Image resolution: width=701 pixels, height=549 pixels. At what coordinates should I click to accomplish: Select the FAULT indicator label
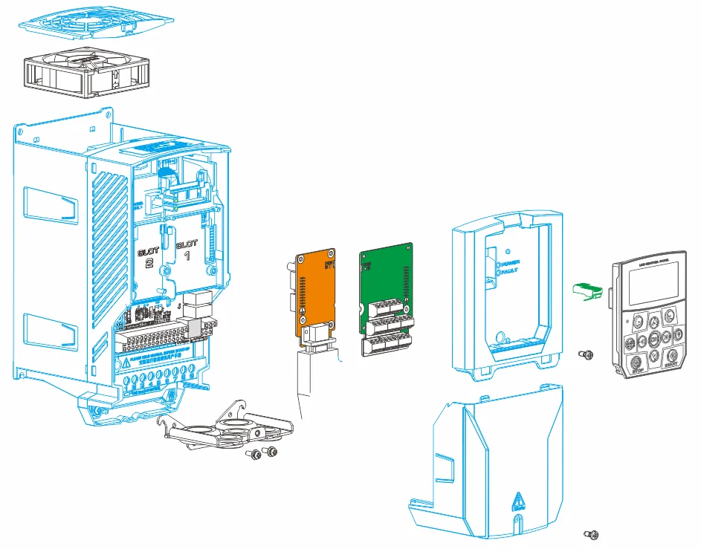511,273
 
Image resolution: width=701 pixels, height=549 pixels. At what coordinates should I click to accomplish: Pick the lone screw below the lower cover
592,533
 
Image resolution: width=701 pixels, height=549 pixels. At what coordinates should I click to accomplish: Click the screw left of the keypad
587,355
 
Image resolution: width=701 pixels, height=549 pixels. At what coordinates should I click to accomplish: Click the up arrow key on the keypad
653,321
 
